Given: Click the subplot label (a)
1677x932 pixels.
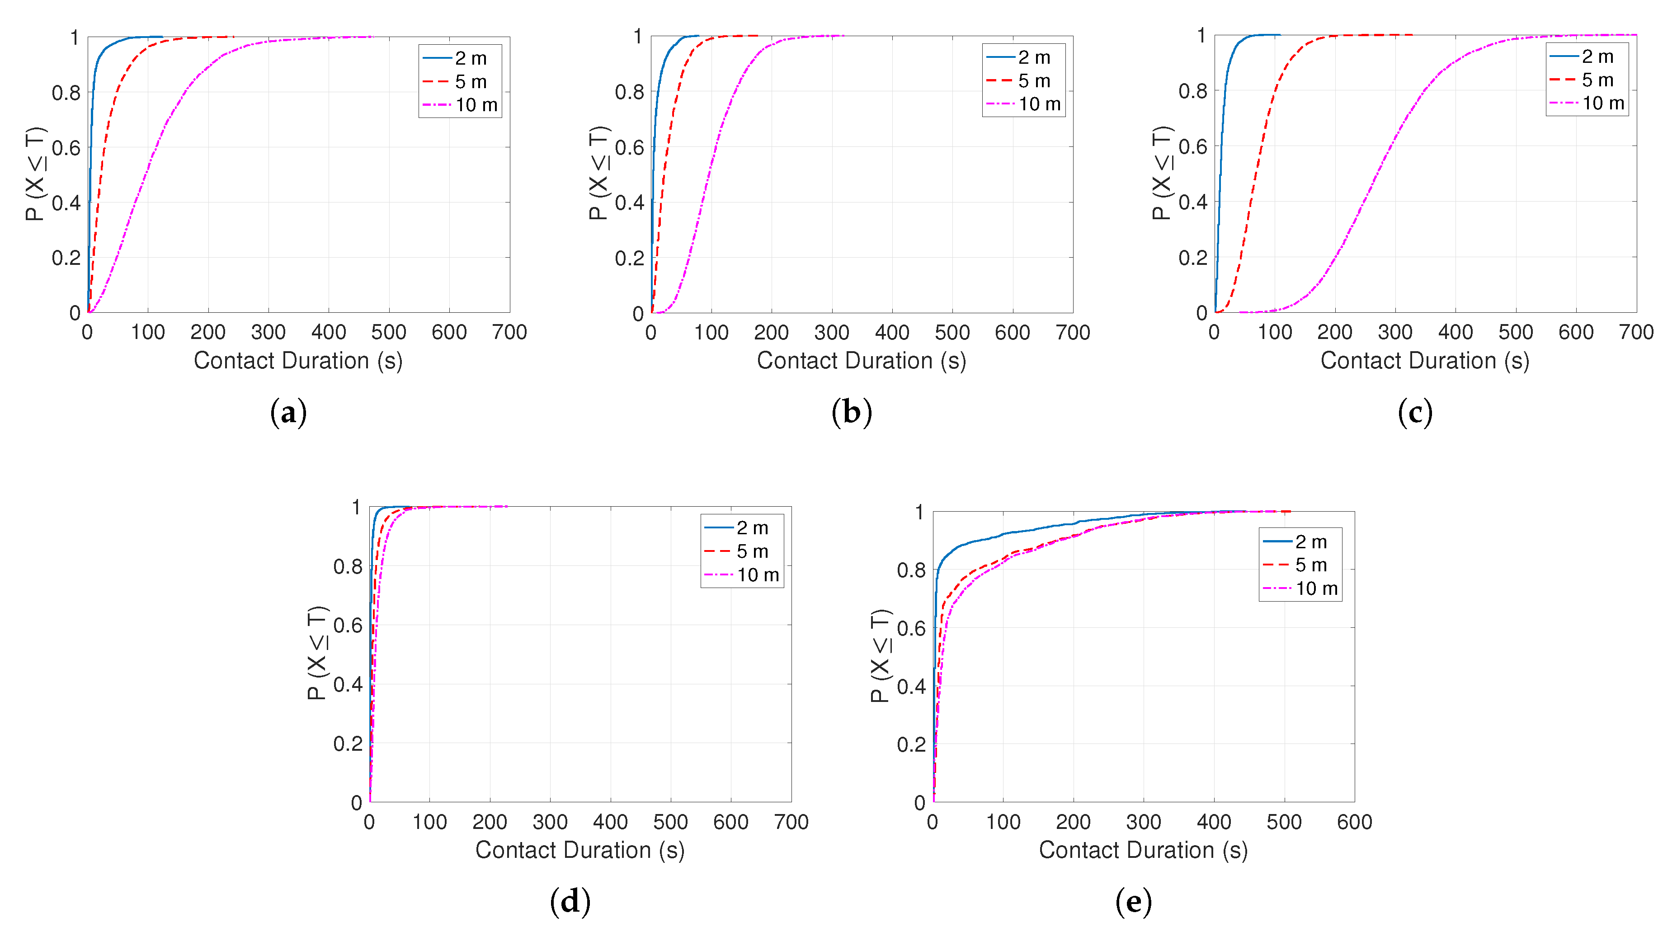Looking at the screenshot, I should (288, 413).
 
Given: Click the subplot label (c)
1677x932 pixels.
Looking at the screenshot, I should (1415, 413).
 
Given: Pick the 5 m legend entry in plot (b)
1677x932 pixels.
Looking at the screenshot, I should (1034, 81).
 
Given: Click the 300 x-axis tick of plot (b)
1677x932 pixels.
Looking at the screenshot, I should (831, 333).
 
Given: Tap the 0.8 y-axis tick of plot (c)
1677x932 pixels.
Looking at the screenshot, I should (1192, 91).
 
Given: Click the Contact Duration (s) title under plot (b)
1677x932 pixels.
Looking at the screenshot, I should (861, 361).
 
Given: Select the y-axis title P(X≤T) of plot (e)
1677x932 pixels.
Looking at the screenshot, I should (880, 655).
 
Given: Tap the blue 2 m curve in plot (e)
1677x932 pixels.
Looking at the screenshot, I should (1003, 534).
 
